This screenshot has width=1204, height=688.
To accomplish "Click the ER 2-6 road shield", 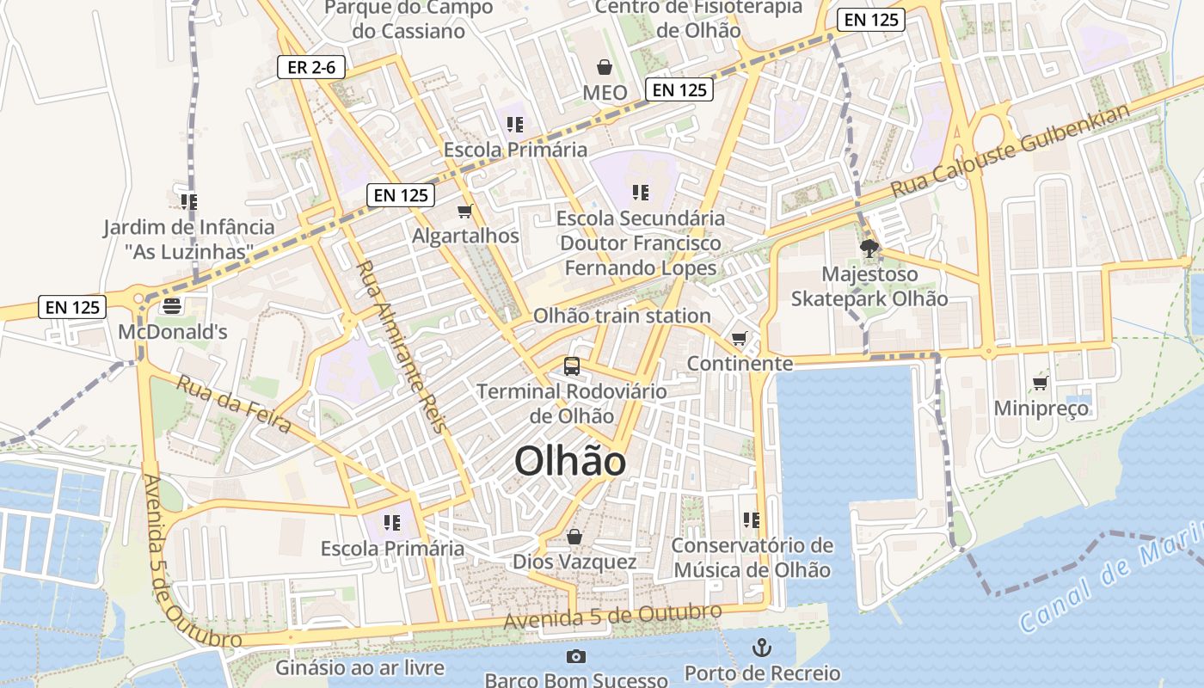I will tap(311, 67).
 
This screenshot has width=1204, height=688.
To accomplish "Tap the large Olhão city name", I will tap(570, 462).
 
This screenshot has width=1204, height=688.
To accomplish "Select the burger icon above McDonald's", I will tap(172, 306).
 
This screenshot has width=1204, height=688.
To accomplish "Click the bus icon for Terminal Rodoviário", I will tap(572, 366).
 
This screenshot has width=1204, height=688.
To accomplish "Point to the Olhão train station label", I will tap(622, 316).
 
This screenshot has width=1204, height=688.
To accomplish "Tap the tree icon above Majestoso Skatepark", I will tap(869, 249).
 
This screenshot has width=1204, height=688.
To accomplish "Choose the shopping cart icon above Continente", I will tap(739, 339).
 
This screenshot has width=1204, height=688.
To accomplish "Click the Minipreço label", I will tap(1041, 408).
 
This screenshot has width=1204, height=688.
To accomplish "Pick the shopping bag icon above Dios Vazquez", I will tap(574, 537).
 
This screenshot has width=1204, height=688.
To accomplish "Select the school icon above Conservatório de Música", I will tap(752, 520).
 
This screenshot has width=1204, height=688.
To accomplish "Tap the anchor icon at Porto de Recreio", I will tap(762, 647).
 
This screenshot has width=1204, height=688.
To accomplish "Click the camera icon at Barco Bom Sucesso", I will tap(576, 657).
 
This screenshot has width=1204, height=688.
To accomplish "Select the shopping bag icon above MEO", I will tap(605, 67).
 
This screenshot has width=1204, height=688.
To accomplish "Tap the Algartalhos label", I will tap(466, 236).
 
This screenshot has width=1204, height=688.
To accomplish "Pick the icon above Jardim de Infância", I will tap(189, 202).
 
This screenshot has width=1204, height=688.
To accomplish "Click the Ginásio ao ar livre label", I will tap(359, 667).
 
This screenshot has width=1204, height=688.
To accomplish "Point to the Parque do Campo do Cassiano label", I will tap(409, 19).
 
